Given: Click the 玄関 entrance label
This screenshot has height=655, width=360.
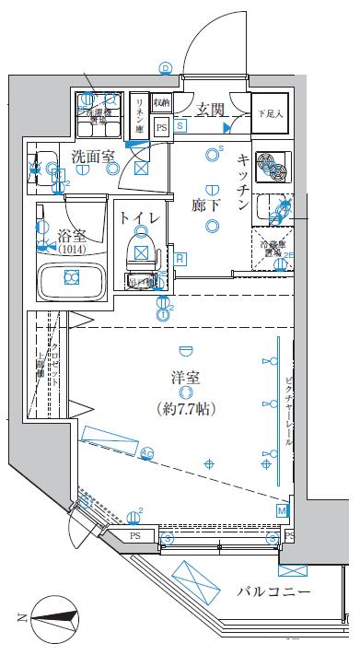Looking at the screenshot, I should [211, 110].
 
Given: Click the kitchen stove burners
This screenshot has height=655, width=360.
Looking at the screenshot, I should [271, 163].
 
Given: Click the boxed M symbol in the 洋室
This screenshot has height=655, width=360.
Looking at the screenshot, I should [282, 509].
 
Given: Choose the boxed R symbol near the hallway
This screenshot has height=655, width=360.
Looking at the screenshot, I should [180, 258].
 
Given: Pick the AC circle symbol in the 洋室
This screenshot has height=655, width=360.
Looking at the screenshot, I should [146, 451].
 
